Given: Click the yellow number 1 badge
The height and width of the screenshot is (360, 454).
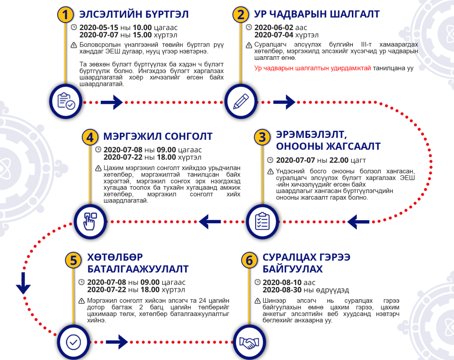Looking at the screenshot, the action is pyautogui.click(x=65, y=15).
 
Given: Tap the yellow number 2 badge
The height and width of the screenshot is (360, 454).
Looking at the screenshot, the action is pyautogui.click(x=241, y=15).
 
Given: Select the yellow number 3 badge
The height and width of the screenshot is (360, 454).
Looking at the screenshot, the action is pyautogui.click(x=262, y=137).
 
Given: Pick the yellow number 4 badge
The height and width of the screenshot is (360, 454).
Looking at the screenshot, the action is pyautogui.click(x=90, y=137).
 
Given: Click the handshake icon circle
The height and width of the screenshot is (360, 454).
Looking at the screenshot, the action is pyautogui.click(x=249, y=342).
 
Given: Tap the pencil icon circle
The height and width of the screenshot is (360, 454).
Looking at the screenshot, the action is pyautogui.click(x=241, y=101).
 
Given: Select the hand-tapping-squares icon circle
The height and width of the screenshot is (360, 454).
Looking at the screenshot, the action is pyautogui.click(x=90, y=222).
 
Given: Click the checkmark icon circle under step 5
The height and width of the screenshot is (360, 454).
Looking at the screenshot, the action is pyautogui.click(x=74, y=342).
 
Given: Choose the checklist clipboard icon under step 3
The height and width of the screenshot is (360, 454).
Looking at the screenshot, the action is pyautogui.click(x=262, y=222).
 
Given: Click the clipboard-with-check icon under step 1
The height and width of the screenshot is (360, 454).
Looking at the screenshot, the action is pyautogui.click(x=66, y=101).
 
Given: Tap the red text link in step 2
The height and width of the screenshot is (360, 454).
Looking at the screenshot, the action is pyautogui.click(x=312, y=69).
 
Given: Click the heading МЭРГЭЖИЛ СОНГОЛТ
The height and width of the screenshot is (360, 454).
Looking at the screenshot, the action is pyautogui.click(x=158, y=136).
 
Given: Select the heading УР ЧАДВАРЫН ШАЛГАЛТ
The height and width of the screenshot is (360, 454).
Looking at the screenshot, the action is pyautogui.click(x=317, y=14).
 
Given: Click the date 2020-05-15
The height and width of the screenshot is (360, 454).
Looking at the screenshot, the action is pyautogui.click(x=99, y=28).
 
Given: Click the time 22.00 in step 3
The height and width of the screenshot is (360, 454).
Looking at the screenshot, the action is pyautogui.click(x=339, y=160).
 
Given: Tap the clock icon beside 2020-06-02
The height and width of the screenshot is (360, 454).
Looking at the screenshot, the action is pyautogui.click(x=249, y=27).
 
